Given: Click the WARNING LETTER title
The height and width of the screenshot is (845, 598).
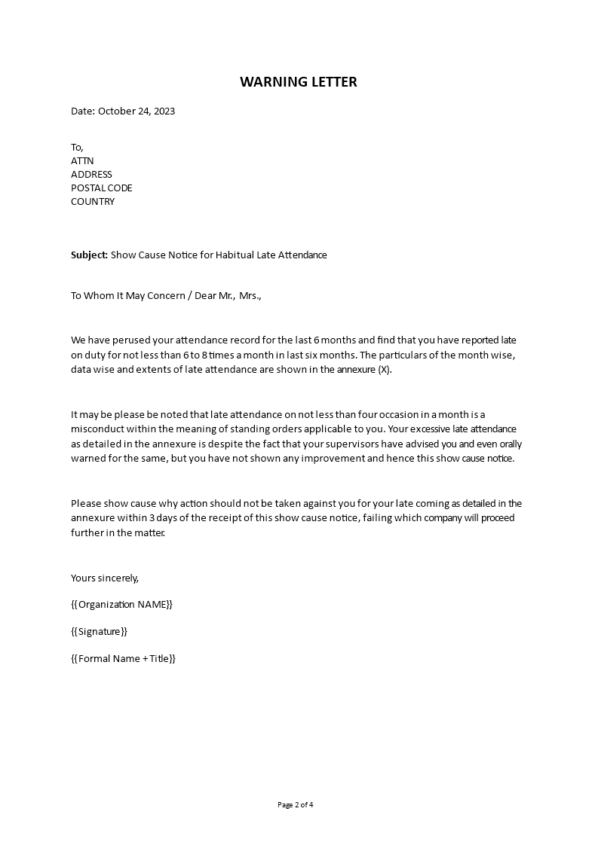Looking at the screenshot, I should tap(299, 82).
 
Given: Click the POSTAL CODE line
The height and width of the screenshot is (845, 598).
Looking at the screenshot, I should tap(101, 188).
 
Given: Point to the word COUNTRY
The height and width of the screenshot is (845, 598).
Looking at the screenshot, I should tap(93, 201).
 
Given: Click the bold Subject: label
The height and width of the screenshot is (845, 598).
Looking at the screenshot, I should tap(90, 255).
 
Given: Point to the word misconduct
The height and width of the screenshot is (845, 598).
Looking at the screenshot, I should tap(97, 429).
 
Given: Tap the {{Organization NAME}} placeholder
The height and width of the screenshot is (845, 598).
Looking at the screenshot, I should tap(121, 604).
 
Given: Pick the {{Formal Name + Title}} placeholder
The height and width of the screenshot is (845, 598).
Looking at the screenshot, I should tap(123, 658).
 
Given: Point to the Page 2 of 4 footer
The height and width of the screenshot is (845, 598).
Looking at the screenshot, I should tap(296, 804).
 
